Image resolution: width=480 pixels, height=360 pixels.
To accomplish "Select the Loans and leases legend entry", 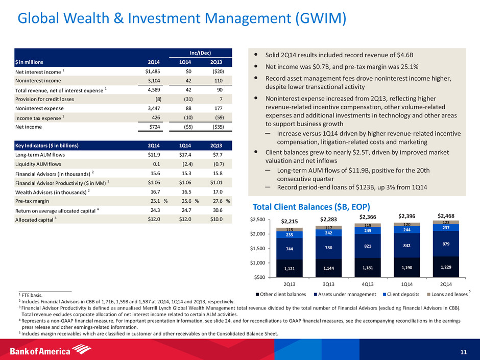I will coord(448,295).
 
